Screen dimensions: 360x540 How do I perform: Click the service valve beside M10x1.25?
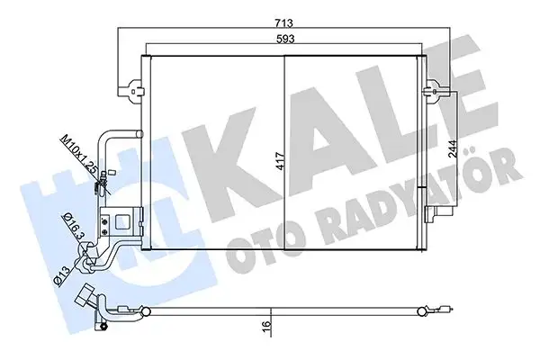(105, 183)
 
